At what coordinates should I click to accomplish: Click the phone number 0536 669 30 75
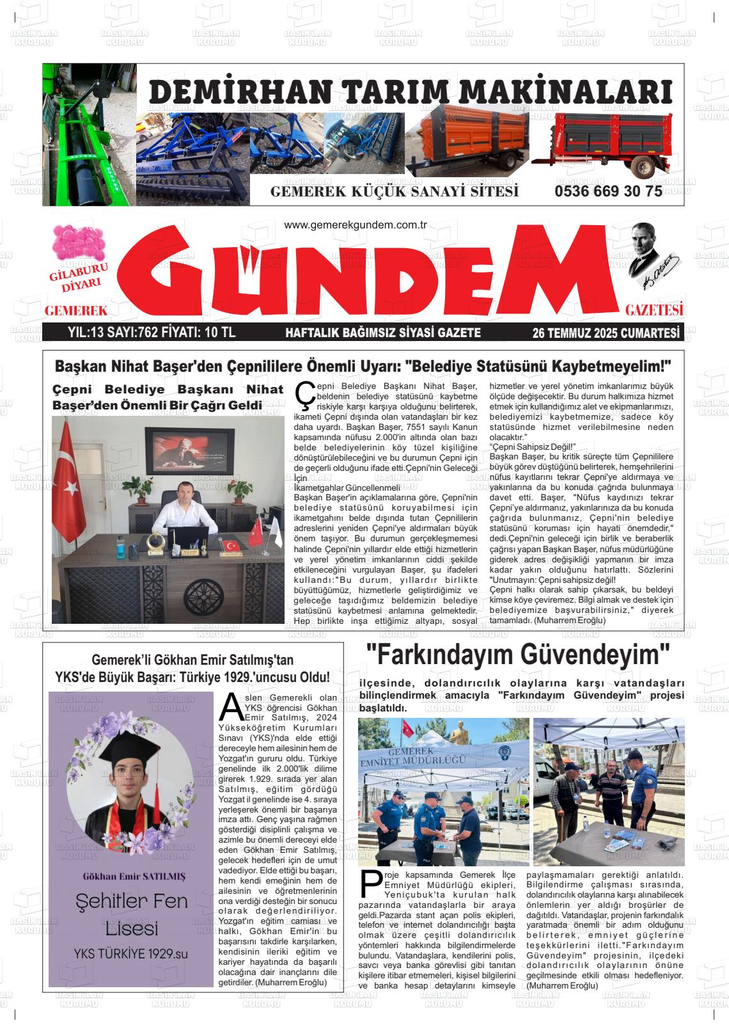(x=608, y=192)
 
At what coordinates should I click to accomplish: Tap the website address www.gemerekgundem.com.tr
(x=355, y=225)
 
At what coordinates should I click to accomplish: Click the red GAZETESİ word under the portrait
(x=654, y=310)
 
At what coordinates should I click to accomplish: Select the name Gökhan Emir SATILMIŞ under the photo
(x=130, y=876)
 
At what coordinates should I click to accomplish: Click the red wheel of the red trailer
(x=641, y=166)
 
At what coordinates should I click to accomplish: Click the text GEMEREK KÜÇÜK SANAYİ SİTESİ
(x=395, y=192)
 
